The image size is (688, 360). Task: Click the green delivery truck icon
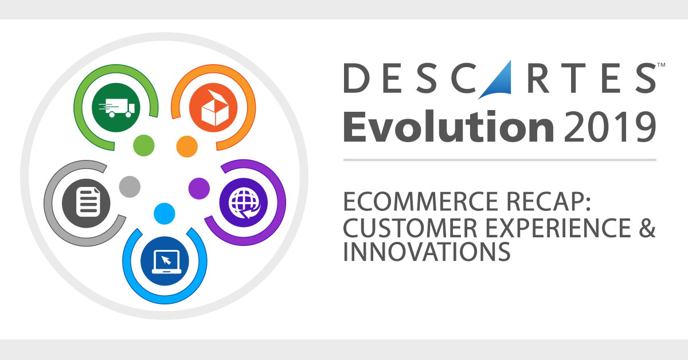coord(116,107)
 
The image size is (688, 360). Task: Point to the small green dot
coord(144,146)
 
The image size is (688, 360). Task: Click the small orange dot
coord(186,146)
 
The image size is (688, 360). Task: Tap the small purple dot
coord(199,187)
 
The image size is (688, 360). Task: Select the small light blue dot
coord(165,214)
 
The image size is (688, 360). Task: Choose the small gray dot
coord(130,187)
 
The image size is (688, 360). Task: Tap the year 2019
coord(609,127)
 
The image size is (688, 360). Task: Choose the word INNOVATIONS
coord(427,252)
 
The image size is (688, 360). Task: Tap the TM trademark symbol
coord(660,66)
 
